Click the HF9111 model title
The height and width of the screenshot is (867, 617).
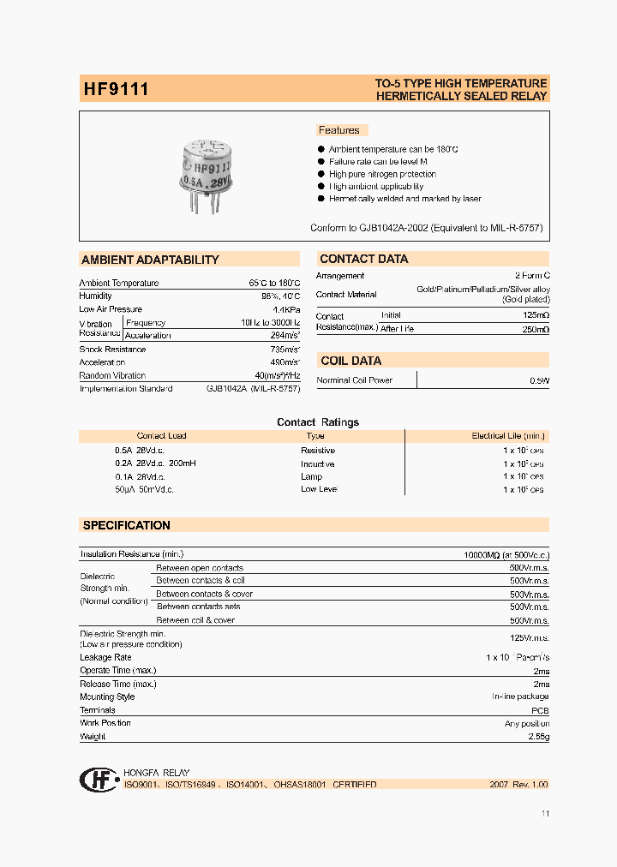116,89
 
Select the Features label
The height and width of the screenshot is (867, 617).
339,130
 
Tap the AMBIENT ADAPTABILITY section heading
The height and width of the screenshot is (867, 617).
150,260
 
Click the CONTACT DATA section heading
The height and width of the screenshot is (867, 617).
364,259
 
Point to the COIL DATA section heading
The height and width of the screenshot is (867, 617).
350,361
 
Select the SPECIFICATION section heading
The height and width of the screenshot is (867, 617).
126,525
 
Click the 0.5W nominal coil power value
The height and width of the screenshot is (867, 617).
539,380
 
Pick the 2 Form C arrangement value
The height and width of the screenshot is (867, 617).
531,276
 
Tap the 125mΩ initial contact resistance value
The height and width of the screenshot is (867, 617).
535,316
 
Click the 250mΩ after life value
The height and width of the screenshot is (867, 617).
535,330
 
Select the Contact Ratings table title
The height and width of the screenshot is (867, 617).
318,422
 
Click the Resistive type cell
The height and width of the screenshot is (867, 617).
318,451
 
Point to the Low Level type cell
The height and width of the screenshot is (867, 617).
319,489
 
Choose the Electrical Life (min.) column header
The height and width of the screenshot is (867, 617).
508,436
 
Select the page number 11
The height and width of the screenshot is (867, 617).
546,814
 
